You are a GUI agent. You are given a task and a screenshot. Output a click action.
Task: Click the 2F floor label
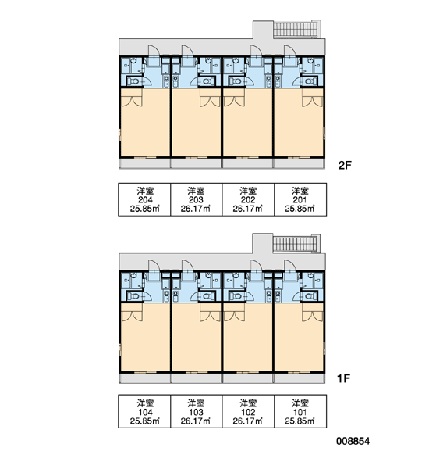click(x=345, y=165)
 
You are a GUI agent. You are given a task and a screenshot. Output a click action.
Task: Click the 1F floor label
click(x=343, y=378)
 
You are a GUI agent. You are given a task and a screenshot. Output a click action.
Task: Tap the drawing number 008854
click(x=353, y=441)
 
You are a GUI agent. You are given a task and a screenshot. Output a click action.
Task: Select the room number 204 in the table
click(x=145, y=200)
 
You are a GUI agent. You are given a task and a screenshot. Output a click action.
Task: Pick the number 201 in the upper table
click(x=300, y=200)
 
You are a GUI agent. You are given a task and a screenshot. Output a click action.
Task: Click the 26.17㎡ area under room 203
click(x=196, y=209)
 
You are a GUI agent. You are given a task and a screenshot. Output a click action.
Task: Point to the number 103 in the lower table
click(x=196, y=412)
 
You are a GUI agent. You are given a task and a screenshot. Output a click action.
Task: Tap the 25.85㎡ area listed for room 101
click(x=300, y=421)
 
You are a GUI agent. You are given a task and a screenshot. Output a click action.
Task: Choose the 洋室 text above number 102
click(x=248, y=403)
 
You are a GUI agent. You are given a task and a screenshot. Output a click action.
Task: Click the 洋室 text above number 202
click(x=248, y=191)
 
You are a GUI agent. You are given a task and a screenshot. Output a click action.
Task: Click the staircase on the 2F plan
click(x=296, y=30)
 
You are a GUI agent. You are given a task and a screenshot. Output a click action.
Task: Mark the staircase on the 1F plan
click(x=296, y=244)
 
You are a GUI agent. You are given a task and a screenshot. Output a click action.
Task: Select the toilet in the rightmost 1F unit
click(x=310, y=296)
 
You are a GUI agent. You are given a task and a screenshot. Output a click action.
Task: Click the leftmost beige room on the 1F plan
click(x=145, y=337)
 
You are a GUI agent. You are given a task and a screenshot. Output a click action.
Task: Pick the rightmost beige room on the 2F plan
click(x=299, y=123)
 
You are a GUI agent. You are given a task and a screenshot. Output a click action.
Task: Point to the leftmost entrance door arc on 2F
click(x=154, y=50)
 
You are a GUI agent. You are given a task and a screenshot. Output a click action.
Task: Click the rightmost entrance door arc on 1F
click(x=289, y=265)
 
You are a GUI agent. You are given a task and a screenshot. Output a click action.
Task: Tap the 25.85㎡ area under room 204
click(x=145, y=209)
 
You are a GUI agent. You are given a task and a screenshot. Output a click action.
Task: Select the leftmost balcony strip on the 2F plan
click(x=145, y=163)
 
